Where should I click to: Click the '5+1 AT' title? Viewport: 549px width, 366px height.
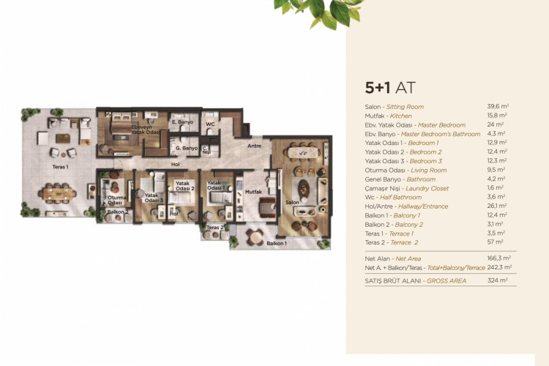[390, 88]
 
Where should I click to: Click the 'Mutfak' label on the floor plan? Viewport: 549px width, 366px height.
[254, 191]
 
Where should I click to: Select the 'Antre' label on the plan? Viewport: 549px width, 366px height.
[254, 146]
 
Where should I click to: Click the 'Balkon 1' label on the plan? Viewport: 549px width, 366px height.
[276, 242]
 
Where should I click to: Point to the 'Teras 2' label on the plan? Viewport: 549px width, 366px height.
[214, 228]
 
